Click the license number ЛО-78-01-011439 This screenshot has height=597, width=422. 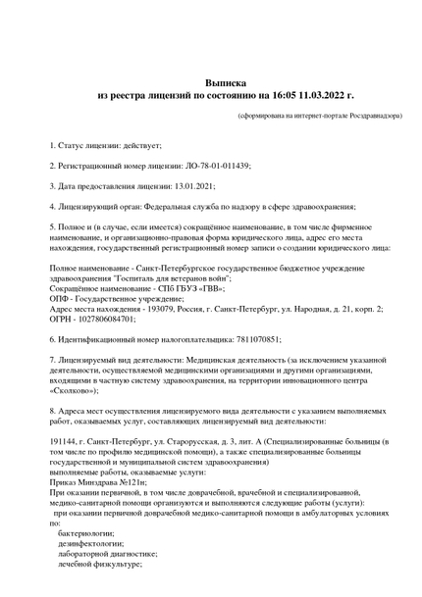[217, 166]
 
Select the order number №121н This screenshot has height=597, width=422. [132, 482]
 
